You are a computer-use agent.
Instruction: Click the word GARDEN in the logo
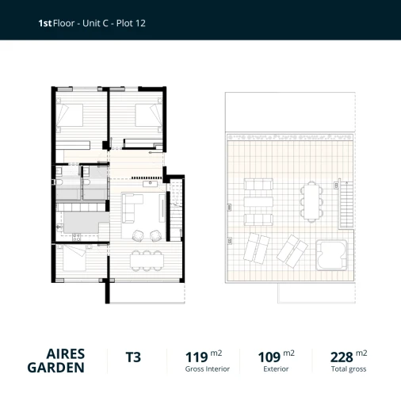(56, 368)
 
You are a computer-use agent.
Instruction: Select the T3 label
(133, 357)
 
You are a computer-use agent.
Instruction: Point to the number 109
(269, 357)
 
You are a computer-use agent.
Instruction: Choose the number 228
(341, 357)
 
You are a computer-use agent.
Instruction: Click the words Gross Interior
(208, 369)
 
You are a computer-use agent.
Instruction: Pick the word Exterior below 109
(277, 369)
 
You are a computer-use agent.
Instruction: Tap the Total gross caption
(348, 369)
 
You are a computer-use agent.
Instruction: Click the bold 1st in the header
(45, 24)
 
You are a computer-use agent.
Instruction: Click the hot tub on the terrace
(331, 252)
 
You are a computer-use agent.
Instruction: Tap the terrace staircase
(346, 202)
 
